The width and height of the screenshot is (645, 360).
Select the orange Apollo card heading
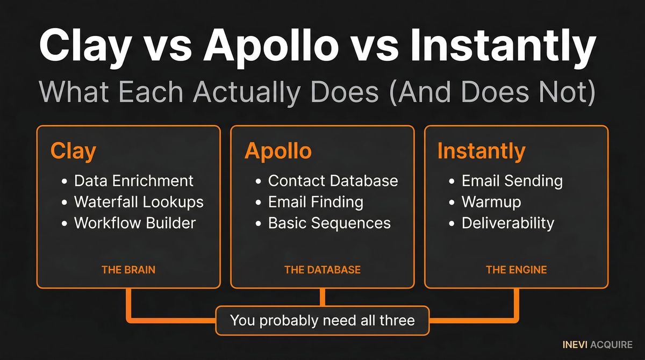click(278, 152)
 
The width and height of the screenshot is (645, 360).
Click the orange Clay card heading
click(73, 152)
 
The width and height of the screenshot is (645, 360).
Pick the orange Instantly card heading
click(481, 152)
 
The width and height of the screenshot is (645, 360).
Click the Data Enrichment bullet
click(133, 181)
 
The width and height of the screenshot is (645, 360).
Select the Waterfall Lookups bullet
click(139, 201)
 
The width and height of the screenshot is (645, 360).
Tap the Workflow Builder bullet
click(134, 222)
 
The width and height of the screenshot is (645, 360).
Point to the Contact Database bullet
click(333, 181)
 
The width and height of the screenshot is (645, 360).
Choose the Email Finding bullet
click(316, 201)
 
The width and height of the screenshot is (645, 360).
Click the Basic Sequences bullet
click(329, 222)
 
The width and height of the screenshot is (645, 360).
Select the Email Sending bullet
click(512, 181)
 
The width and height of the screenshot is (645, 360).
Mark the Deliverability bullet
click(507, 222)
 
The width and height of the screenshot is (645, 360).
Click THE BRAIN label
click(128, 270)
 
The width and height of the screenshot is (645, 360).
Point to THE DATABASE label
click(322, 270)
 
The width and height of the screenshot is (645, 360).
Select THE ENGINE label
click(516, 270)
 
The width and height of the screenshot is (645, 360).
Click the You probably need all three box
click(322, 321)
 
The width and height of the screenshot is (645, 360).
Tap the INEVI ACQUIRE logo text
click(597, 344)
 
